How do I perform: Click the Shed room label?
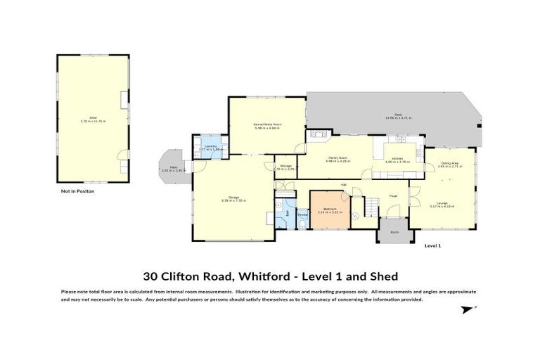[x=92, y=117]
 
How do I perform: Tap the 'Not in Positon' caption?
[x=77, y=191]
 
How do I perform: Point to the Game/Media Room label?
[x=267, y=124]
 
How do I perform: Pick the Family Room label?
[x=337, y=158]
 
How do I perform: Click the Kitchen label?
[x=397, y=158]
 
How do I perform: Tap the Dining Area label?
[x=450, y=164]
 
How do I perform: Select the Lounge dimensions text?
[x=444, y=207]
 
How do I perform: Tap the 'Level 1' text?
[x=432, y=246]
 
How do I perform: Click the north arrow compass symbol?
[x=466, y=309]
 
